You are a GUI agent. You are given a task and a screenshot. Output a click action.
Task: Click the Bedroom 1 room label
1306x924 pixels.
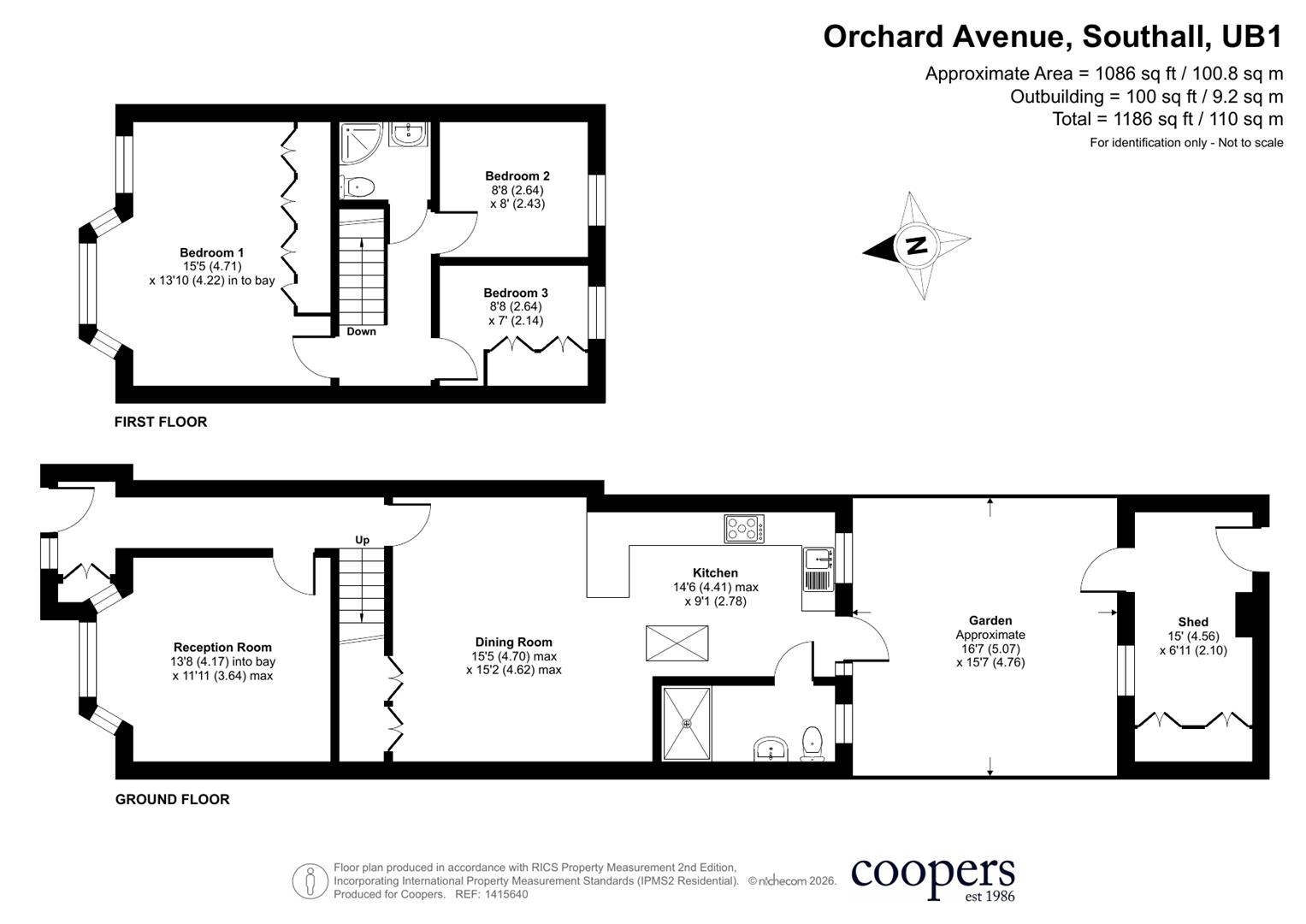(211, 252)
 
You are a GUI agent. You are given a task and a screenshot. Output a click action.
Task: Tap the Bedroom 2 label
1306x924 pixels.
(517, 175)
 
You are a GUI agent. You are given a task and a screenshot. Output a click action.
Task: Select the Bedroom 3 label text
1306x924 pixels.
(516, 293)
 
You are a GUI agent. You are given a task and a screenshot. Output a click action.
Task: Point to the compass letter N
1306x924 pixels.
(918, 245)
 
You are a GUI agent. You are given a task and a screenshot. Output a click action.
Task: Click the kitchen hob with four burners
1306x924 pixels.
(744, 529)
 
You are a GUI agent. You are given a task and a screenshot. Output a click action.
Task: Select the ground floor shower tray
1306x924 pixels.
(687, 724)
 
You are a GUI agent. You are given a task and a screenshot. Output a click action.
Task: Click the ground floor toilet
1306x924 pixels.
(813, 743)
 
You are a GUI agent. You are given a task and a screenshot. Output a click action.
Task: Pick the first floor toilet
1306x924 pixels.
(357, 187)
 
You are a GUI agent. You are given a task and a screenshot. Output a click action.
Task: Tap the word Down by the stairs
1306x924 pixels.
(362, 331)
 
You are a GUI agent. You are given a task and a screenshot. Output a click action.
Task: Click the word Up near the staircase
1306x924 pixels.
(362, 540)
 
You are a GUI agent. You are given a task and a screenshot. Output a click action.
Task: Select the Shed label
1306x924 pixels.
(1193, 622)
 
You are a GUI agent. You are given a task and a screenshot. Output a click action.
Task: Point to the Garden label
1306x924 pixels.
(990, 620)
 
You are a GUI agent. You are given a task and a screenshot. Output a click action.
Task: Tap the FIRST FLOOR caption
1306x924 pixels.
(161, 422)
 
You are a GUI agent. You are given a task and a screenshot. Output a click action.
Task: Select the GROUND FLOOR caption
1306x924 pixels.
(173, 799)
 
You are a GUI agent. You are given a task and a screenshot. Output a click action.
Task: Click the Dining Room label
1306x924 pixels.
(514, 643)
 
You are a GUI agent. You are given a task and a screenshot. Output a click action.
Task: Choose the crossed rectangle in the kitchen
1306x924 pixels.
(677, 643)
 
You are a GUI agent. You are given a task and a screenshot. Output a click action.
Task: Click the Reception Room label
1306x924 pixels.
(222, 648)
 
